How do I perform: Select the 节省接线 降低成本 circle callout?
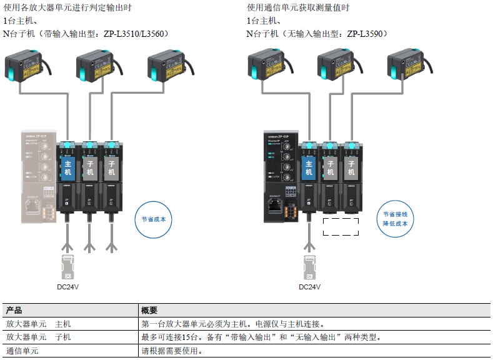click(x=395, y=219)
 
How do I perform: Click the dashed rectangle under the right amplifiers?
click(x=341, y=227)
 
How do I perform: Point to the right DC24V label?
click(x=309, y=287)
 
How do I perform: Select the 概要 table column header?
click(x=150, y=310)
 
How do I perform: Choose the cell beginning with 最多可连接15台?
click(x=261, y=337)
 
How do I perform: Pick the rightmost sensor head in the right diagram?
click(x=407, y=67)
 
